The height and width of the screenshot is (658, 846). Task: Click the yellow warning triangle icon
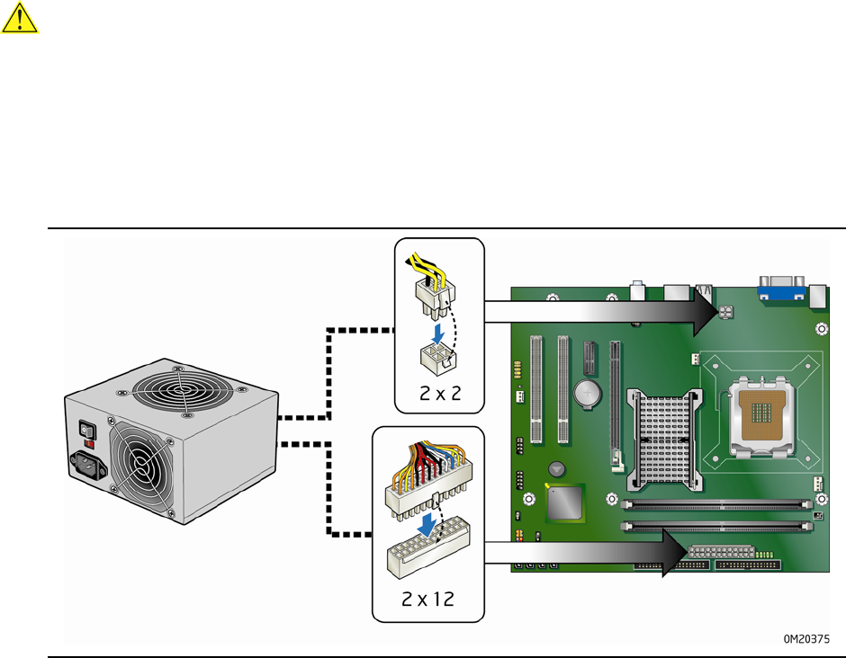coord(20,18)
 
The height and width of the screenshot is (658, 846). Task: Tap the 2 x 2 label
coord(440,394)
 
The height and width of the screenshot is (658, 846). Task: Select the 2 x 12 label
coord(427,599)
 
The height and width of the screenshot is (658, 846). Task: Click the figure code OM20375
coord(806,638)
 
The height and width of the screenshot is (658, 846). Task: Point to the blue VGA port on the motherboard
coord(781,289)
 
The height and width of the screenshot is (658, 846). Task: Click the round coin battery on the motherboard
coord(587,394)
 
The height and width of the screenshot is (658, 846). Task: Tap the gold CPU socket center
coord(761,413)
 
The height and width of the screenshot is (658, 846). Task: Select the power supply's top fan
coord(183,389)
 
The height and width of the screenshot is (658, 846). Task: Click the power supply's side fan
coord(141,465)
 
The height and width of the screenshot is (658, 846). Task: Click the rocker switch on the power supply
coord(87,430)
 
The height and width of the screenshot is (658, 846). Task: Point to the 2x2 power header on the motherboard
coord(725,312)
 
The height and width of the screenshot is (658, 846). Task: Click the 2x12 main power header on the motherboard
coord(721,552)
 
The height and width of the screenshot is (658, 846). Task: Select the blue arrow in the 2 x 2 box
coord(437,333)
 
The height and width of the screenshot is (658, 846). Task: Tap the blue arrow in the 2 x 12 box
coord(427,524)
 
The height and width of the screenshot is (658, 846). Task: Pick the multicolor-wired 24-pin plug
coord(428,481)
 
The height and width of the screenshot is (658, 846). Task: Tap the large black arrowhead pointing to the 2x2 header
coord(706,312)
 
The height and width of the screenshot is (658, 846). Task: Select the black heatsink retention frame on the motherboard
coord(665,440)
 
